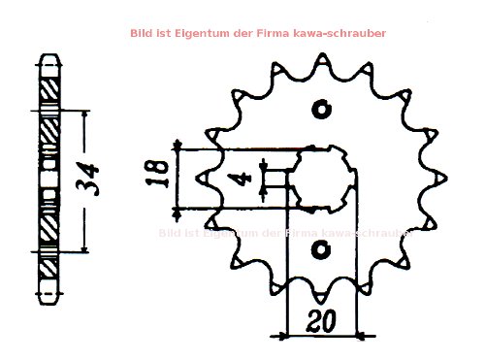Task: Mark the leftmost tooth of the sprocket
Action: [x=203, y=180]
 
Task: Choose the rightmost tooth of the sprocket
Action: [x=442, y=180]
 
